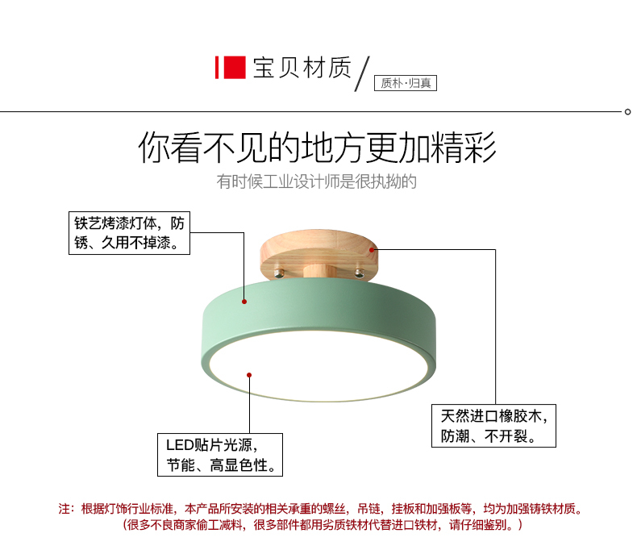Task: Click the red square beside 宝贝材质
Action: click(x=235, y=68)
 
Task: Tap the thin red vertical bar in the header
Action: click(x=217, y=68)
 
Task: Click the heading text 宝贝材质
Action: click(x=302, y=68)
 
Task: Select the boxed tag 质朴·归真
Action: click(x=406, y=83)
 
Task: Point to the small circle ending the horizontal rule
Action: click(x=627, y=112)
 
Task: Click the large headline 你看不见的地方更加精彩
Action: click(x=317, y=147)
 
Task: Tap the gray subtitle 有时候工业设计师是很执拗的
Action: click(x=316, y=181)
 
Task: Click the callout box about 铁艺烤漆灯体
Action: click(x=129, y=233)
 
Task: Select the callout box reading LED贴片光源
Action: click(x=220, y=455)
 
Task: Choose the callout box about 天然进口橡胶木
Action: click(x=493, y=426)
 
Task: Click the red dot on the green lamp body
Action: click(x=244, y=302)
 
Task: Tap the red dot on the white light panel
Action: click(x=249, y=375)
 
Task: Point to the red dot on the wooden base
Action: click(x=372, y=250)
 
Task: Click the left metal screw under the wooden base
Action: click(x=279, y=273)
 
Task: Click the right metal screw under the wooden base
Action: click(x=360, y=273)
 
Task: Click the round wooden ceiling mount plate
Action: click(x=319, y=254)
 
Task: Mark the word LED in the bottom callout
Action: click(x=180, y=445)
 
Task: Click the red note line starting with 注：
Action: click(x=321, y=509)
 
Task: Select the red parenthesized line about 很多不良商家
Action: click(x=323, y=525)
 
